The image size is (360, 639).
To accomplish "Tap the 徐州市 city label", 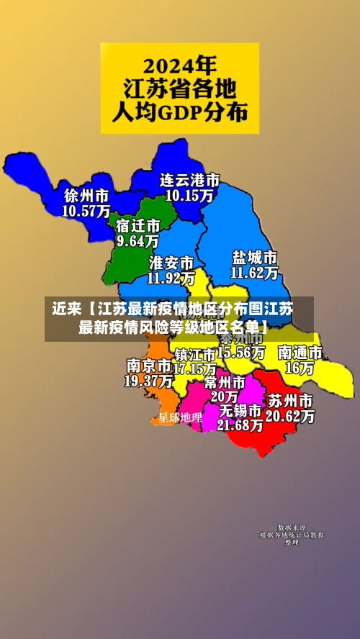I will (86, 196).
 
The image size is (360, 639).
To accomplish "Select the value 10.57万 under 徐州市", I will (86, 211).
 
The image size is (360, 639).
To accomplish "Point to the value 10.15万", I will (189, 195).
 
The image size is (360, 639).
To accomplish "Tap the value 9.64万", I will (138, 241).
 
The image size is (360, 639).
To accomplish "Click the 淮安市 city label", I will (171, 262).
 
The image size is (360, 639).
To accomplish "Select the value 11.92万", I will (171, 277).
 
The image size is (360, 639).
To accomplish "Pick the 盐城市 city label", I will (254, 258).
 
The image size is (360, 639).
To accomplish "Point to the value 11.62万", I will (254, 273).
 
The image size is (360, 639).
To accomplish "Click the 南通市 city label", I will (300, 353).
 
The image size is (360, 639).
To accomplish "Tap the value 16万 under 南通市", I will (300, 368).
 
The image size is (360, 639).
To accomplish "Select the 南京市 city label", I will (148, 365).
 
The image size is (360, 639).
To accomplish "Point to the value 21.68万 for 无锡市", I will (240, 425).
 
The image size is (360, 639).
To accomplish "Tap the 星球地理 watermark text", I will (180, 417).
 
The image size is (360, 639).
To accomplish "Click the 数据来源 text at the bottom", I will (292, 527).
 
